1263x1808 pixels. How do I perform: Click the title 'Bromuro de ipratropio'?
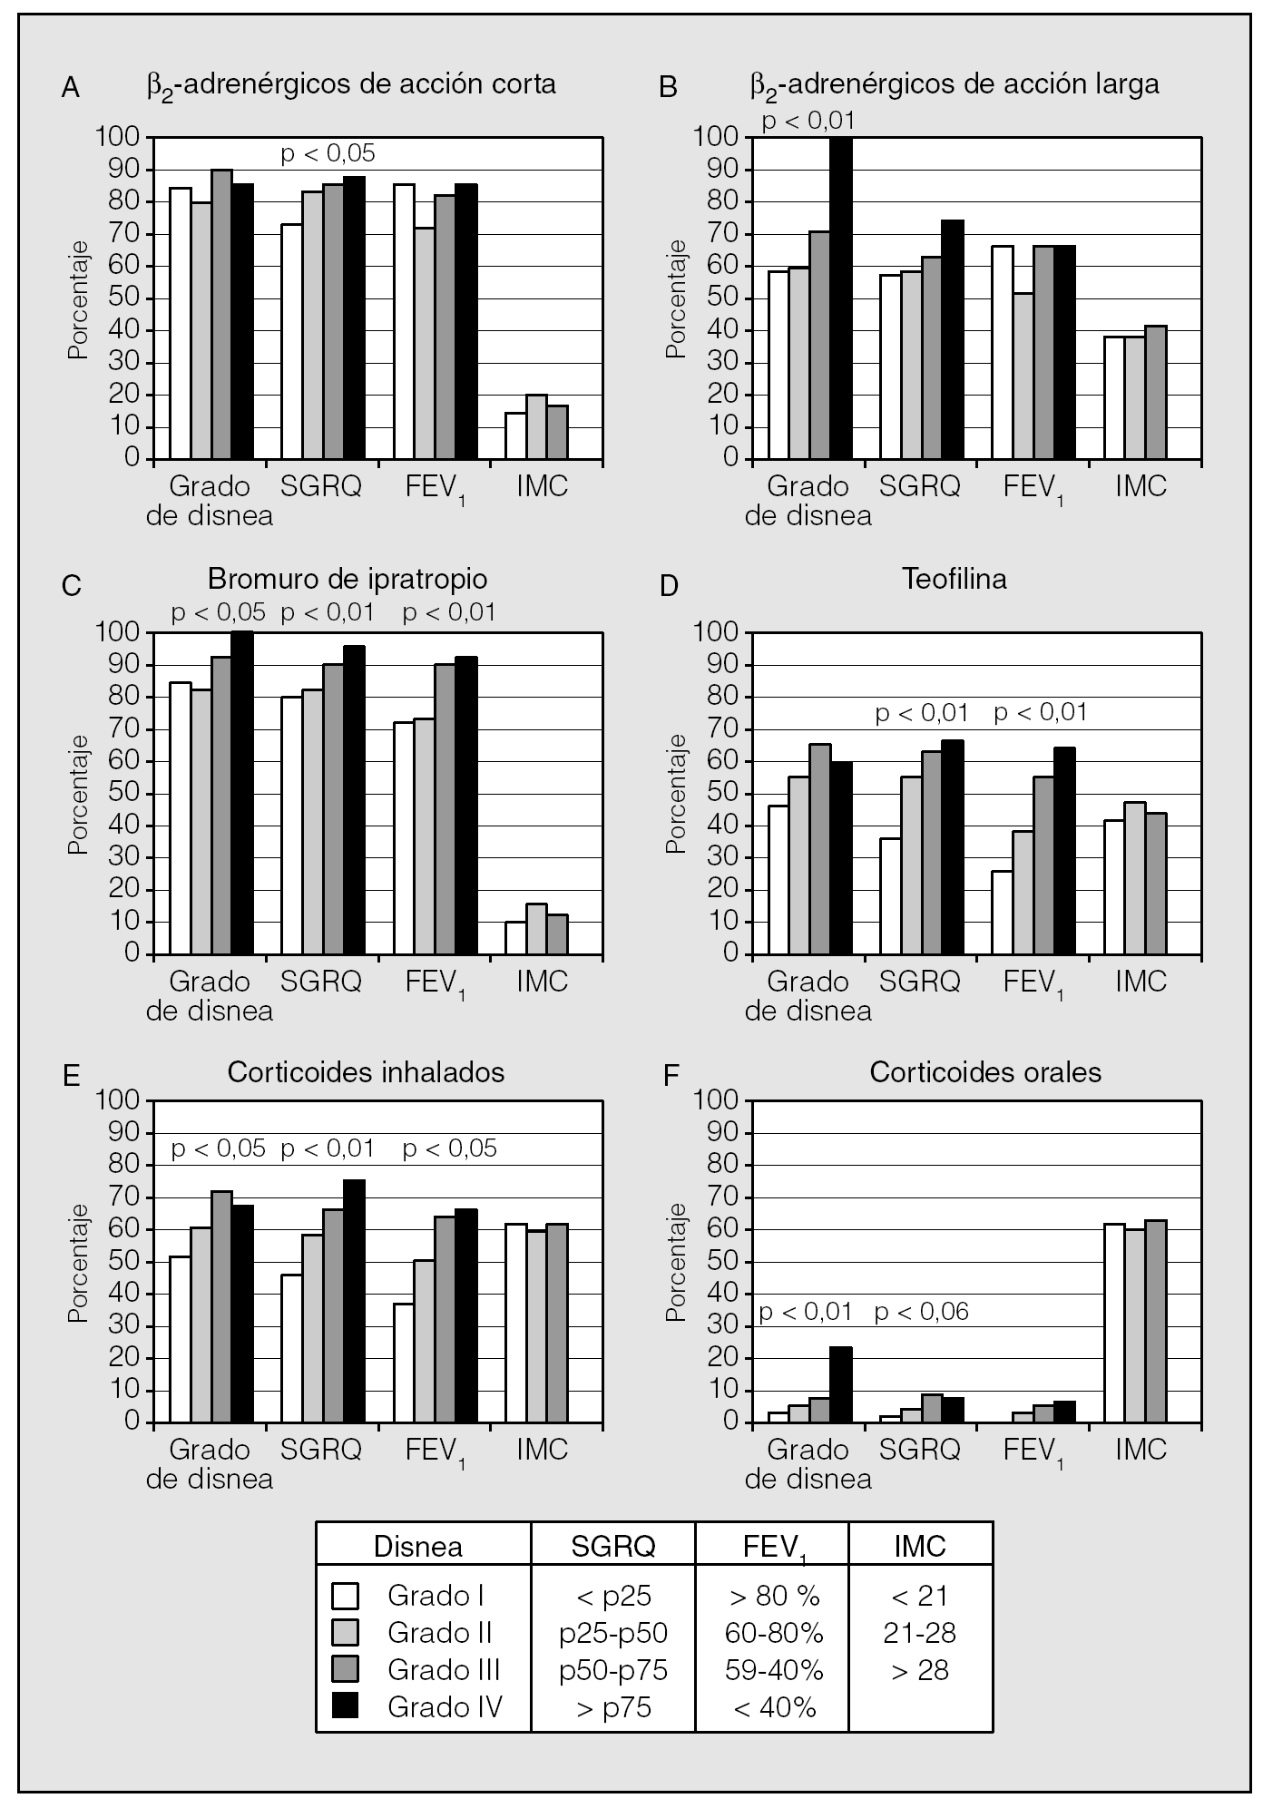(348, 579)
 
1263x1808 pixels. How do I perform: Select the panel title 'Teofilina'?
(954, 579)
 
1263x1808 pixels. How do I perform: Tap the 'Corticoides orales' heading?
(985, 1072)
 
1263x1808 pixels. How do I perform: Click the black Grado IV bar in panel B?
(841, 298)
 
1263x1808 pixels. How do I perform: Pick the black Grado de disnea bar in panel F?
(841, 1384)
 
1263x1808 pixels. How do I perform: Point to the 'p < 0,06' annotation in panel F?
(922, 1312)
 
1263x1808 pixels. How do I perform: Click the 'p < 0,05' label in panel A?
(328, 153)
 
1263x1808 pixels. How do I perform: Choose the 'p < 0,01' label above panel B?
(808, 121)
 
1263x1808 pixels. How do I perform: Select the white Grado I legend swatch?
(346, 1595)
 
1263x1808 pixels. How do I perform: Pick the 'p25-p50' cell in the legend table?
(612, 1633)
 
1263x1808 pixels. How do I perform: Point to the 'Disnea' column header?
(418, 1547)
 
